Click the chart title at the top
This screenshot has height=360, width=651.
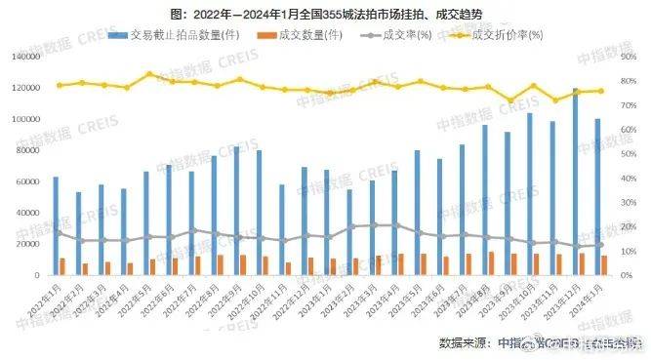(325, 14)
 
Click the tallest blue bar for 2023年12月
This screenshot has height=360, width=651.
(576, 182)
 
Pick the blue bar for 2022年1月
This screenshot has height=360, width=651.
(56, 226)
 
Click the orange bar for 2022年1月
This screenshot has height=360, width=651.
(62, 266)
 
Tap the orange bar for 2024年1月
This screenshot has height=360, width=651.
(604, 265)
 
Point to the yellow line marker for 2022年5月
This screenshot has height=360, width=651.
(149, 74)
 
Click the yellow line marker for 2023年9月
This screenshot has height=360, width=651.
(509, 100)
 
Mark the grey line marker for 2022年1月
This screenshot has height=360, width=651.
(59, 232)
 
